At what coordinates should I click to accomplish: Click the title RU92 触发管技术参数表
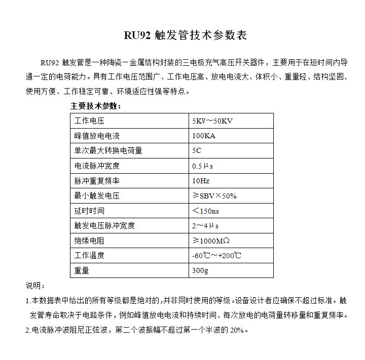[186, 36]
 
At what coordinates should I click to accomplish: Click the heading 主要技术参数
[95, 106]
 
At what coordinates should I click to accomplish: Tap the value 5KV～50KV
[212, 121]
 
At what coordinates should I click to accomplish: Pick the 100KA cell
[204, 136]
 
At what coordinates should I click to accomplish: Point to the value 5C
[197, 150]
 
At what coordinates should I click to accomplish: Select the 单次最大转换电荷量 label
[108, 150]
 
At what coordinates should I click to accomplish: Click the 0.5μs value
[202, 166]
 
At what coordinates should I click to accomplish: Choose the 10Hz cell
[201, 181]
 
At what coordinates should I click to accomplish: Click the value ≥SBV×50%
[214, 195]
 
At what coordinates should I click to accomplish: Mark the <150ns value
[206, 211]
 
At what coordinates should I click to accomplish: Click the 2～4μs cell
[205, 226]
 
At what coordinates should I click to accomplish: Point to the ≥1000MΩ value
[212, 241]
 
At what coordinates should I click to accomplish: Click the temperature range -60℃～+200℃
[216, 256]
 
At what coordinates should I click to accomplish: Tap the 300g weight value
[200, 270]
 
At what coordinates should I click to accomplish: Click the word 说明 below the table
[35, 285]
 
